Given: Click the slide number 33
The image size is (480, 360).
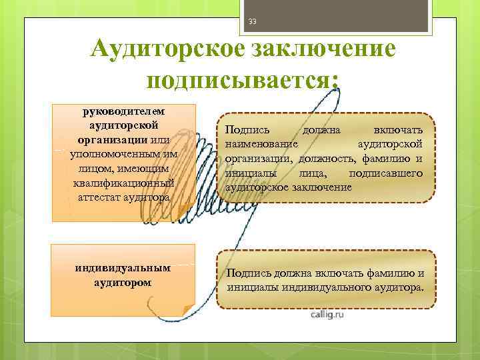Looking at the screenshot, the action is click(252, 22).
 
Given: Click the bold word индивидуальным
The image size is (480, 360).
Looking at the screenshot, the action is click(123, 267).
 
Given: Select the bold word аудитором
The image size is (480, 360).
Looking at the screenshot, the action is click(123, 282).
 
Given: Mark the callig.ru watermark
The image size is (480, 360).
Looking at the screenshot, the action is click(326, 314).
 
